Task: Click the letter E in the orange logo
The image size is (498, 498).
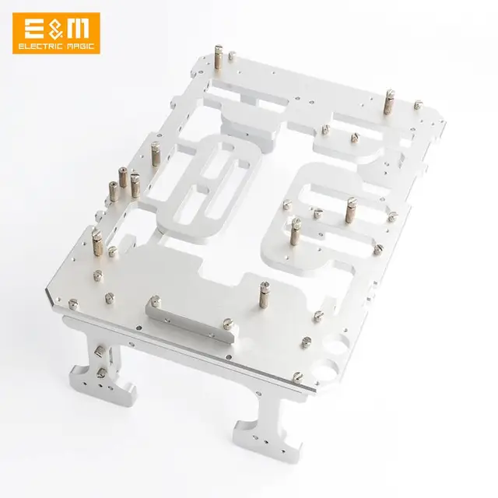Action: point(34,30)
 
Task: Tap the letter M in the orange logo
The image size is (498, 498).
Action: point(78,30)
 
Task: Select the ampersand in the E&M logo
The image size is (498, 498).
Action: point(55,30)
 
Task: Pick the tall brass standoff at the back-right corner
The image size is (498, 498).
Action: point(388,101)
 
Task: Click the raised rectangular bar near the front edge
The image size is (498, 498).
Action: point(191,317)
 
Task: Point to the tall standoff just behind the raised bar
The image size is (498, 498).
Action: point(262,296)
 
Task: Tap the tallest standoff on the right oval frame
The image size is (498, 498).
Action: point(349,209)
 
